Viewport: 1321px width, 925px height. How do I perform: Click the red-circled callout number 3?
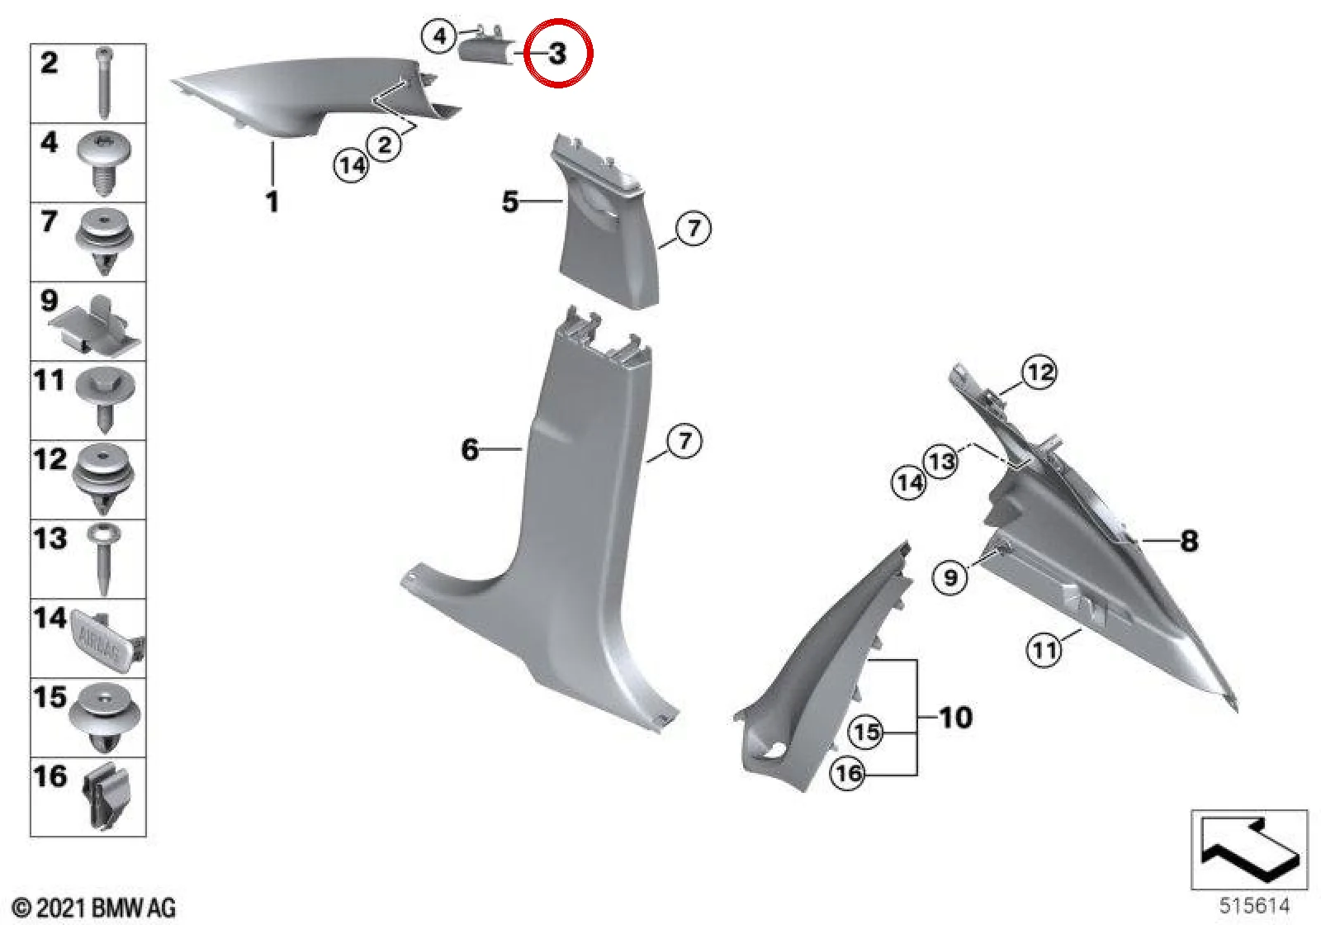[557, 54]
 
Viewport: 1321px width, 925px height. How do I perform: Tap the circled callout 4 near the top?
[439, 37]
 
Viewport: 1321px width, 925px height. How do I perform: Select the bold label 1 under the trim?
[272, 202]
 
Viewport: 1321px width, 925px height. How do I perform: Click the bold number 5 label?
[510, 202]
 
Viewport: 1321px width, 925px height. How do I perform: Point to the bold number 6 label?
[470, 449]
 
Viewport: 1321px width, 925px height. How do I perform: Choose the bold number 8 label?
[1189, 541]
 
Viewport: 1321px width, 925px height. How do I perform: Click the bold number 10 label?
[955, 718]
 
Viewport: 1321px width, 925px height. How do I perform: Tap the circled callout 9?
[950, 576]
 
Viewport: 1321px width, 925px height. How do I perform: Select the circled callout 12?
[1039, 372]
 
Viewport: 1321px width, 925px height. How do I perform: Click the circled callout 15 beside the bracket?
[866, 732]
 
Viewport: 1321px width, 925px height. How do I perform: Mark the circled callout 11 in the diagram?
[1044, 651]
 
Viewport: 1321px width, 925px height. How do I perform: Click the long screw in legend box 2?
[104, 83]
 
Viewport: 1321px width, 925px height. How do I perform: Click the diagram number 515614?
[1254, 905]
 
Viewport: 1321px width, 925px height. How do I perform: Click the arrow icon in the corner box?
[1250, 850]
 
